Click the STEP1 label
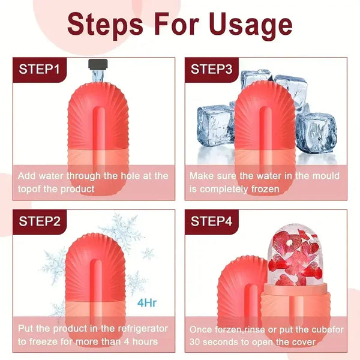click(39, 68)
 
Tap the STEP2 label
click(39, 221)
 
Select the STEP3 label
click(211, 68)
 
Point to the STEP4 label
click(211, 221)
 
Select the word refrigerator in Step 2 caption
click(140, 329)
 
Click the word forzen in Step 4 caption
click(229, 329)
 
